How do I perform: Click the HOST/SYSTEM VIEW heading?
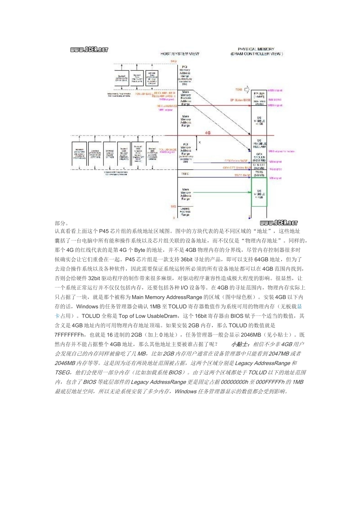coord(180,54)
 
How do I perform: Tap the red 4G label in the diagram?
coord(208,133)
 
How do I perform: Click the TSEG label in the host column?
coord(185,174)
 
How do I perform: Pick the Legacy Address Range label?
coord(185,212)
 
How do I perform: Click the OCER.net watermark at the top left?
coord(89,50)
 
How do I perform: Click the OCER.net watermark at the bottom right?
coord(279,223)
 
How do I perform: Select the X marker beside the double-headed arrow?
coord(200,142)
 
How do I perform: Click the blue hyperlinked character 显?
coord(299,306)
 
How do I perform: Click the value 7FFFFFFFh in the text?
coord(69,335)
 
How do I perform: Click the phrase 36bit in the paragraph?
coord(187,259)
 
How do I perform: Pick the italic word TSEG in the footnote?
coord(63,373)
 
